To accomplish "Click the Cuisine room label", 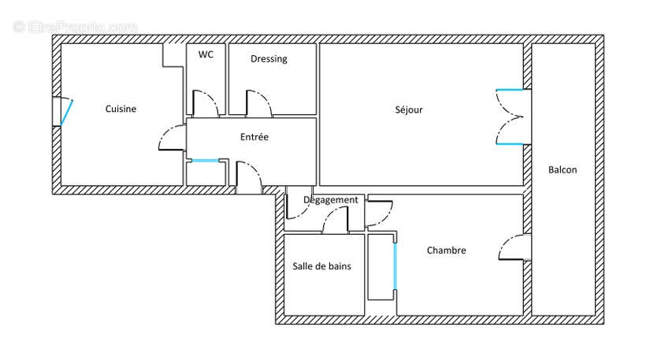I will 121,109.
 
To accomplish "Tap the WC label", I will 206,54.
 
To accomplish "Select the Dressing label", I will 269,59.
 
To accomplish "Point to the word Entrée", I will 254,137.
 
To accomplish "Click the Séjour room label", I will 409,109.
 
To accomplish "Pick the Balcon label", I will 563,169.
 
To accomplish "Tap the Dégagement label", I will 331,200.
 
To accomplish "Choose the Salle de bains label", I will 322,266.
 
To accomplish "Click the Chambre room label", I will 447,251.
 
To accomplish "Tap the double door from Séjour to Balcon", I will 508,117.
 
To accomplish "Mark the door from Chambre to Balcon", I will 512,248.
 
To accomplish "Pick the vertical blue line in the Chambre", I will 395,266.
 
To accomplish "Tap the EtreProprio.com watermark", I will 76,27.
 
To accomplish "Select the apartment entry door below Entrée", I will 249,176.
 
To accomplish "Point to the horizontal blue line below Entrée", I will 206,161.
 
